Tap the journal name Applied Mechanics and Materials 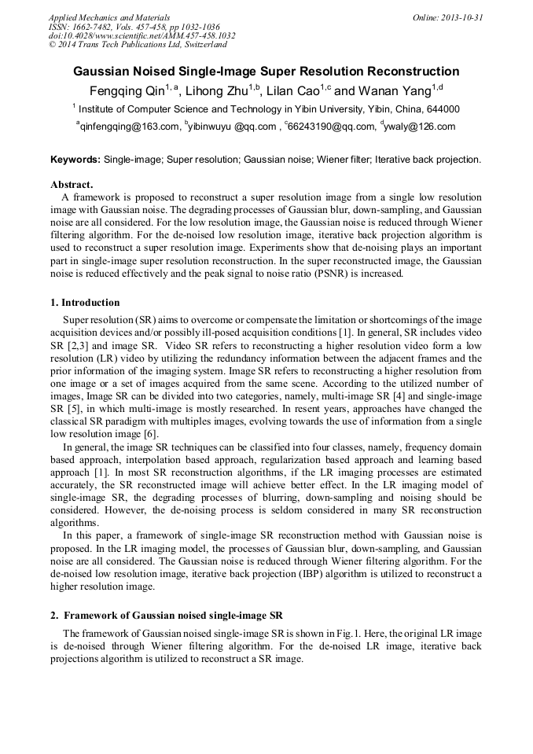pos(108,17)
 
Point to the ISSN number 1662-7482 pos(94,27)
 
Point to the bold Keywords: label pos(75,160)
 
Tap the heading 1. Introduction pos(85,303)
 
